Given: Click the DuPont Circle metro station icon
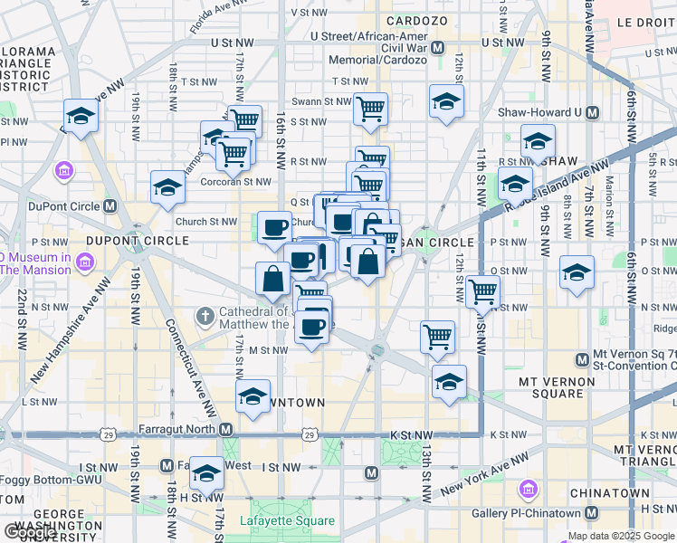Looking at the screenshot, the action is pos(110,206).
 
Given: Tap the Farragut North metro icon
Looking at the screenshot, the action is pos(226,429).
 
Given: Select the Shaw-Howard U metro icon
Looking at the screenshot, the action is pos(593,113).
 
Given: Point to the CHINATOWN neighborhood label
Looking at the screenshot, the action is pos(609,493).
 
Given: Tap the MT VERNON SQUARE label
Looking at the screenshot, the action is pos(562,387).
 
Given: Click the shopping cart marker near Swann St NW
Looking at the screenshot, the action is pos(370,110).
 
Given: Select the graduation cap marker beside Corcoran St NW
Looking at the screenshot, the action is pos(167,187).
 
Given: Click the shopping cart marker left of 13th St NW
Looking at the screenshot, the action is pos(437,338).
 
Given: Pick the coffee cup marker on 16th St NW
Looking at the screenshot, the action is pos(274,227).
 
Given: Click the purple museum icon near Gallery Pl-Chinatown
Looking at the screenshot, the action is pos(527,491).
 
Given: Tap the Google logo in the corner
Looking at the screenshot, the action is pos(31,531).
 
